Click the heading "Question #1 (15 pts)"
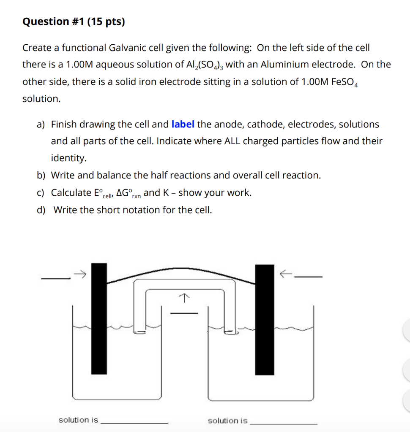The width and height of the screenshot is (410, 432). coord(74,22)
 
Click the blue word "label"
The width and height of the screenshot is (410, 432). coord(183,124)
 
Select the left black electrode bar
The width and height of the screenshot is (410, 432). coord(99,319)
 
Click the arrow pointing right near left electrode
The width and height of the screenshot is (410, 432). coord(80,275)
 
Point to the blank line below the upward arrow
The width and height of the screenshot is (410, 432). coord(183,313)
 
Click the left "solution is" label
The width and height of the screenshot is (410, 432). coord(78,420)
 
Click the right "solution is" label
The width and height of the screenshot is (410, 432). coord(227,421)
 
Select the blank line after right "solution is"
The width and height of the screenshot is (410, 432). coord(284,423)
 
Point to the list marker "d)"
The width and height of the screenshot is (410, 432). coord(41,210)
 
